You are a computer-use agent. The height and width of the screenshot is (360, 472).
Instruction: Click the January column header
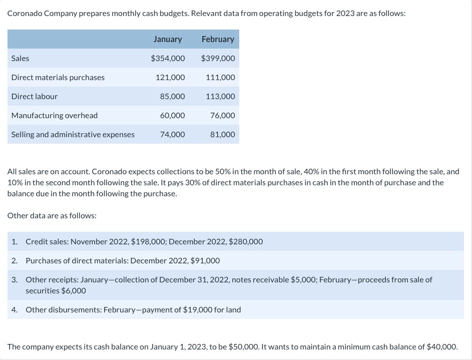click(168, 39)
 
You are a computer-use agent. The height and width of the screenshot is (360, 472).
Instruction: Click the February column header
click(218, 39)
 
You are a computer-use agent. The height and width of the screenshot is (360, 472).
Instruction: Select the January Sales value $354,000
click(168, 59)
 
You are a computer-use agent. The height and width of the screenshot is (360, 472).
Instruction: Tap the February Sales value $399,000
click(218, 59)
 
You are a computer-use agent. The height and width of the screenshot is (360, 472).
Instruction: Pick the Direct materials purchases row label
click(58, 78)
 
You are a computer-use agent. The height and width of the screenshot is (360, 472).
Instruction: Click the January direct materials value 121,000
click(170, 78)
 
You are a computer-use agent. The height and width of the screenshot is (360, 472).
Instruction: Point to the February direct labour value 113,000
click(220, 97)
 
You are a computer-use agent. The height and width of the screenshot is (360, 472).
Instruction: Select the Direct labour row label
click(35, 97)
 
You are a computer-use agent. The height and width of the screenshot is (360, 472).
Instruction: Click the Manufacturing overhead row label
click(55, 116)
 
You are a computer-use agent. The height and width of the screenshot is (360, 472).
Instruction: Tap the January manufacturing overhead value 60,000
click(172, 116)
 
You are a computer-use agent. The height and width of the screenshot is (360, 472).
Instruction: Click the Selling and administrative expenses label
click(73, 135)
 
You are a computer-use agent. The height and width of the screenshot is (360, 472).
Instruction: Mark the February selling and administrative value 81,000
click(222, 135)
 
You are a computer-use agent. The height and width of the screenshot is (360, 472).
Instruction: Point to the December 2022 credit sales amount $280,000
click(245, 242)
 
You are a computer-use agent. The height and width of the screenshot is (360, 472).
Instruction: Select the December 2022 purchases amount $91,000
click(205, 261)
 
